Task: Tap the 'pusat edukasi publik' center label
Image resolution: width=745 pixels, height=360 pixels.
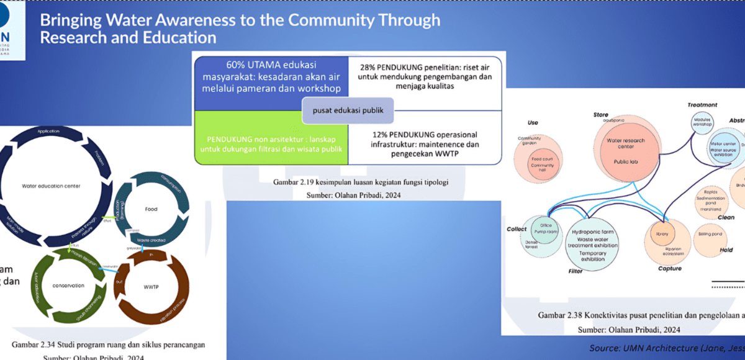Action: click(x=347, y=112)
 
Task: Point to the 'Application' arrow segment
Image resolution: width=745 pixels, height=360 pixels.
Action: click(x=47, y=132)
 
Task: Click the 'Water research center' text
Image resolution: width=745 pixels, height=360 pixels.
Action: click(x=626, y=144)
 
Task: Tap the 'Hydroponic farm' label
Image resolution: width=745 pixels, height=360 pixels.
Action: click(x=592, y=231)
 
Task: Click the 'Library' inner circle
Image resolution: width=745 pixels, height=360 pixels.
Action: click(x=661, y=234)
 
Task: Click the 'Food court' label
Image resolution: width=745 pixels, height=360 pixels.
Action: click(x=538, y=159)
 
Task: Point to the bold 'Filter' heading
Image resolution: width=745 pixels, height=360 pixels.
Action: click(x=576, y=271)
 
